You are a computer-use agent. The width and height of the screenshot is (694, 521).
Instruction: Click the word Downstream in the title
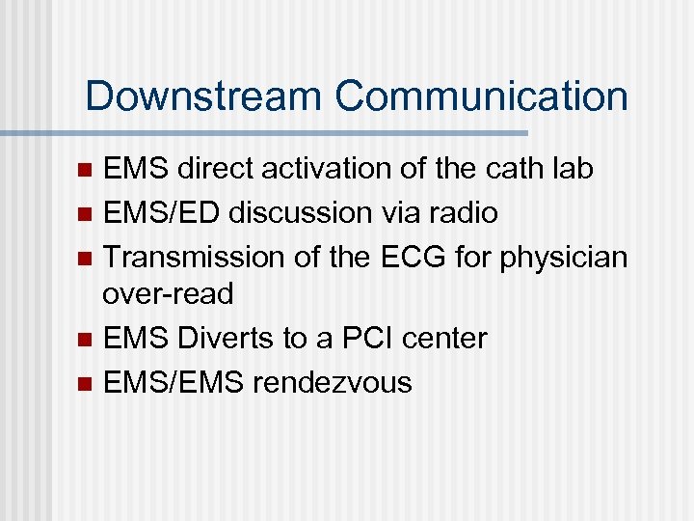pyautogui.click(x=203, y=96)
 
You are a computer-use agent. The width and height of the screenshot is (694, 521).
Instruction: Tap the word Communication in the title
pyautogui.click(x=481, y=96)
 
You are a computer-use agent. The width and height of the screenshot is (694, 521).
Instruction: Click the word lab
pyautogui.click(x=573, y=169)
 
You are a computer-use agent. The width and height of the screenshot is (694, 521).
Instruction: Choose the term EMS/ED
pyautogui.click(x=164, y=212)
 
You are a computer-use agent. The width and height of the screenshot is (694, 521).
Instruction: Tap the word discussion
pyautogui.click(x=308, y=212)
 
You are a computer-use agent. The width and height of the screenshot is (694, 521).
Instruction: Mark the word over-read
pyautogui.click(x=168, y=294)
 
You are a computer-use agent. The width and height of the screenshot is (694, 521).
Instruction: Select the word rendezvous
pyautogui.click(x=332, y=382)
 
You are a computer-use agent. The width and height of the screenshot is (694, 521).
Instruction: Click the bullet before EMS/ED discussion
pyautogui.click(x=84, y=213)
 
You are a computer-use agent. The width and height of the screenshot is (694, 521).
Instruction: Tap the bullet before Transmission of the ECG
pyautogui.click(x=84, y=257)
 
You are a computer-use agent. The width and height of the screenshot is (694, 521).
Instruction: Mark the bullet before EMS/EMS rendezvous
pyautogui.click(x=84, y=383)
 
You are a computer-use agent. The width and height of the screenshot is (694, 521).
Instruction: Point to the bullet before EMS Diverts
pyautogui.click(x=84, y=340)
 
